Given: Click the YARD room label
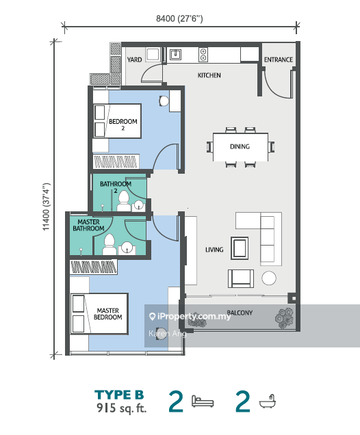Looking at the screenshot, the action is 134,60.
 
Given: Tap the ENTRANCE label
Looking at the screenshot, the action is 279,60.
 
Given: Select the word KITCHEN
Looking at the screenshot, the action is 209,75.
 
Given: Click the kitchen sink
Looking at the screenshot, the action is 175,55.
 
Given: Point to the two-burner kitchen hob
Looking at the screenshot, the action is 203,55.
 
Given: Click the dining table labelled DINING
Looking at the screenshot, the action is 240,147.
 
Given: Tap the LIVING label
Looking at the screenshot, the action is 214,250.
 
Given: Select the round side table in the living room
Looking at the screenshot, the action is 269,278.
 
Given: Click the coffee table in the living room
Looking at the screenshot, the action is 240,248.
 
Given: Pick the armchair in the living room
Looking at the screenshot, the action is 241,278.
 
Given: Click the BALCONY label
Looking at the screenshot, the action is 240,313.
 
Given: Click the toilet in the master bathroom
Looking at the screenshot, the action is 110,244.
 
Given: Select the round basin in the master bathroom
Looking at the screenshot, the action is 127,248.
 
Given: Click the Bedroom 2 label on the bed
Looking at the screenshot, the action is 123,124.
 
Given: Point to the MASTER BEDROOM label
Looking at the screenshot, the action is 107,314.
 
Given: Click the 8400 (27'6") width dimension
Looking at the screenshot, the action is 179,18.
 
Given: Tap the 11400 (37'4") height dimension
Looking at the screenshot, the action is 46,207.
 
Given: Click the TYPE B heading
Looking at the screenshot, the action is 119,395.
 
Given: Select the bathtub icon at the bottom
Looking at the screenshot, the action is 268,401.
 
